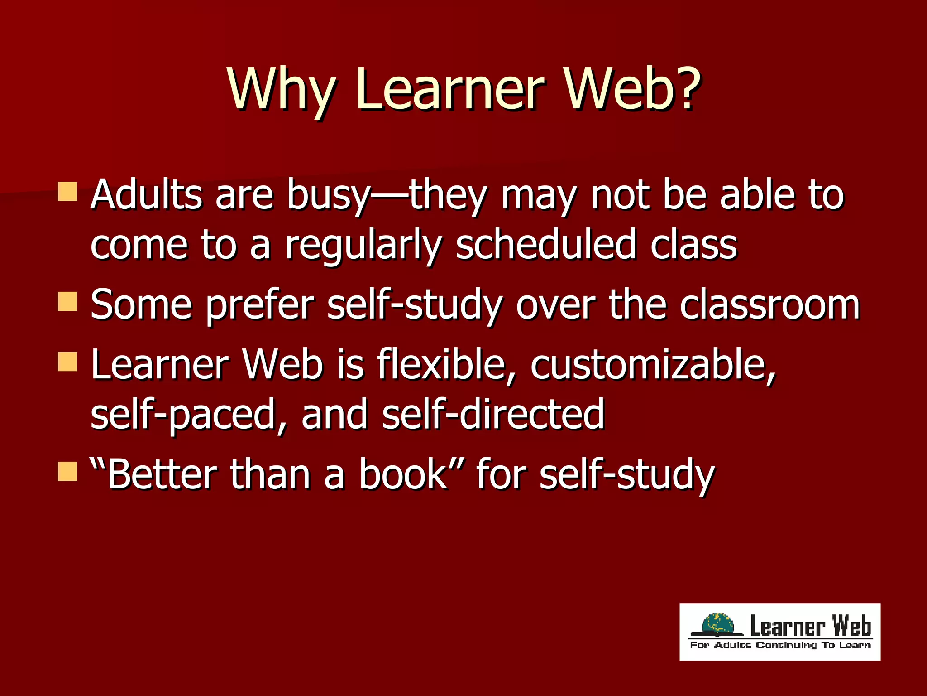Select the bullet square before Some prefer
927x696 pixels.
[x=68, y=302]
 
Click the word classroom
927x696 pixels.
[x=769, y=304]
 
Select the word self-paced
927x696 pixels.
[x=188, y=415]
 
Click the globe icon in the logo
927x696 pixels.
[x=717, y=626]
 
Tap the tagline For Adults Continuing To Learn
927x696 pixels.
[x=780, y=645]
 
